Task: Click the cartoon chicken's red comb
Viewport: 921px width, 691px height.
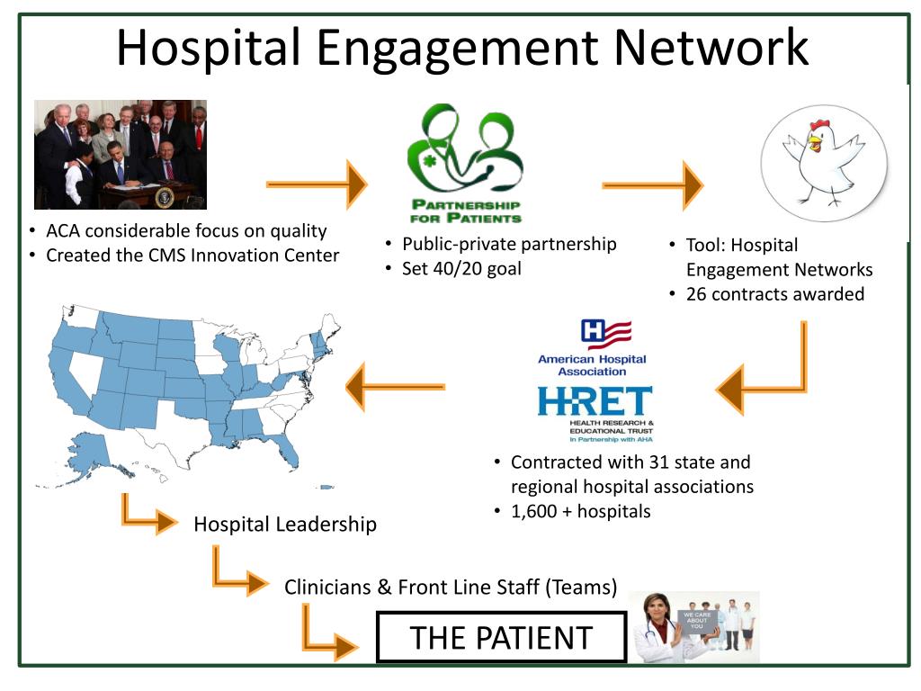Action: point(818,125)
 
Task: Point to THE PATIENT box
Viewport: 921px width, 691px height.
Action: point(500,637)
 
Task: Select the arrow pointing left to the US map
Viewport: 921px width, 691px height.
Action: point(396,387)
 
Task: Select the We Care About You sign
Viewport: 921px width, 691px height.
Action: point(697,622)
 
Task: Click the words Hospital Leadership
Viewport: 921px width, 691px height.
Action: point(285,524)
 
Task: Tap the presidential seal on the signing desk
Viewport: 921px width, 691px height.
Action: point(164,197)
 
